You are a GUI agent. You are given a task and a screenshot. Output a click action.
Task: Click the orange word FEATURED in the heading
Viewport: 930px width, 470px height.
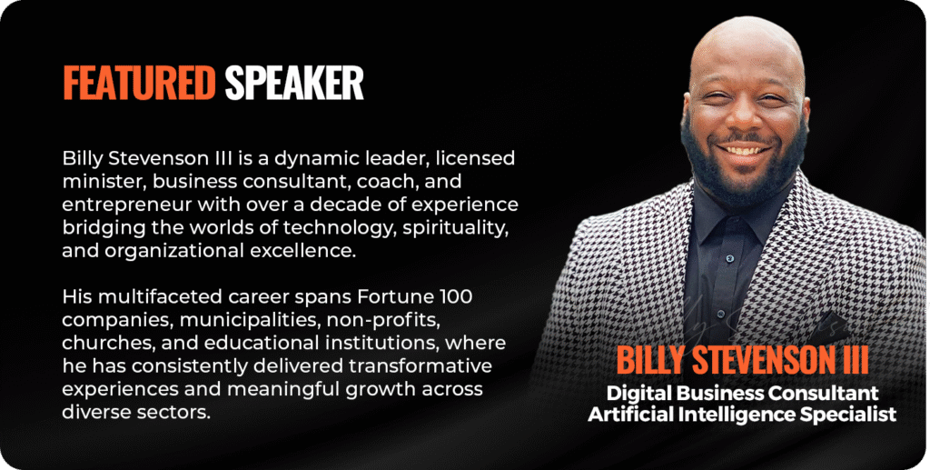pyautogui.click(x=139, y=83)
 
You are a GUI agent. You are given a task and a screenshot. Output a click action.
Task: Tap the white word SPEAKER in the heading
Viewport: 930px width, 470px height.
pyautogui.click(x=294, y=83)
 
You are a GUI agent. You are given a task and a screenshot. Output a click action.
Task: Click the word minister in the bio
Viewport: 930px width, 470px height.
pyautogui.click(x=104, y=182)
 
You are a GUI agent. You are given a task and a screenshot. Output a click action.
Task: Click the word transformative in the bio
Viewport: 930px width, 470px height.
pyautogui.click(x=420, y=366)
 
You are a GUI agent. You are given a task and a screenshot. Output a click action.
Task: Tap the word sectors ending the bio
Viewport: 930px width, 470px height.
pyautogui.click(x=173, y=413)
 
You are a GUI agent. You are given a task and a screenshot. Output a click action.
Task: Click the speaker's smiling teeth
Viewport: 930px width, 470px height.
pyautogui.click(x=746, y=151)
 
